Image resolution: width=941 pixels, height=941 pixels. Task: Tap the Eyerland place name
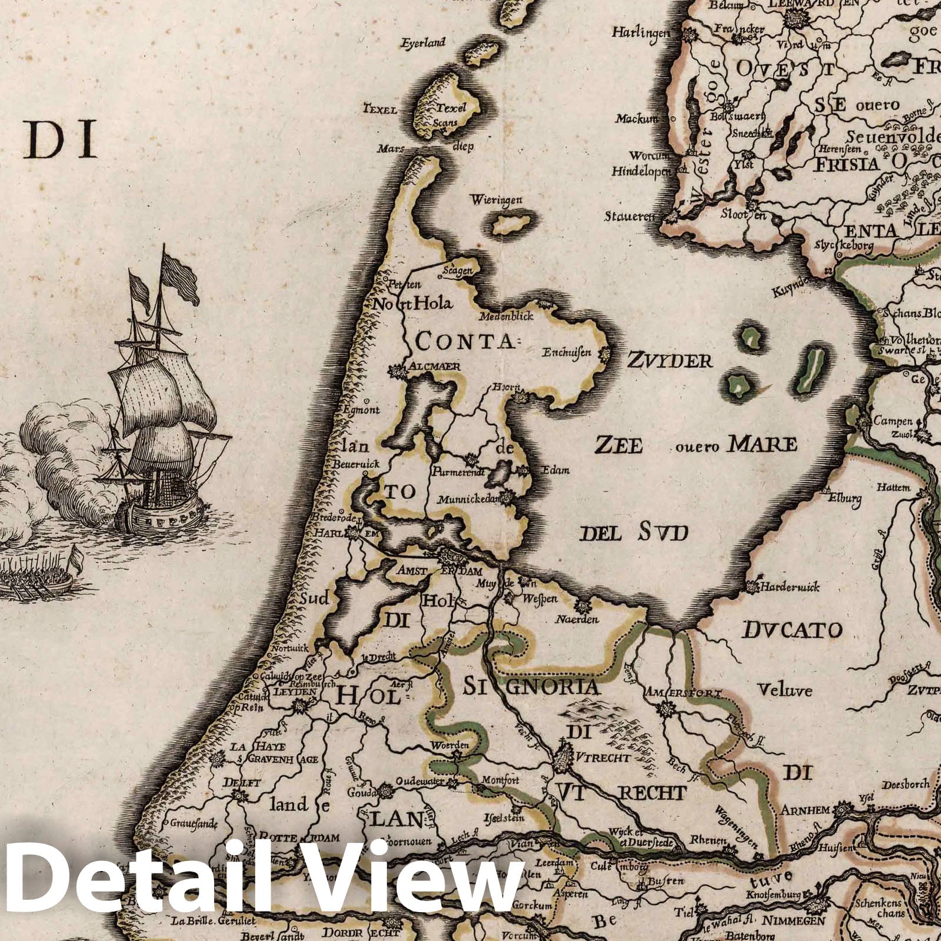tap(423, 43)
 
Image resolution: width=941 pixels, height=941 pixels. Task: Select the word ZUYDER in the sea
tap(669, 360)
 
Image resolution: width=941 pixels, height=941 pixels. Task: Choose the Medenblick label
tap(506, 316)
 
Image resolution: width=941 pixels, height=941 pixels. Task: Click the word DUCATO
tap(792, 631)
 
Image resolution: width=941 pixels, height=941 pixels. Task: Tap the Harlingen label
tap(640, 32)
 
